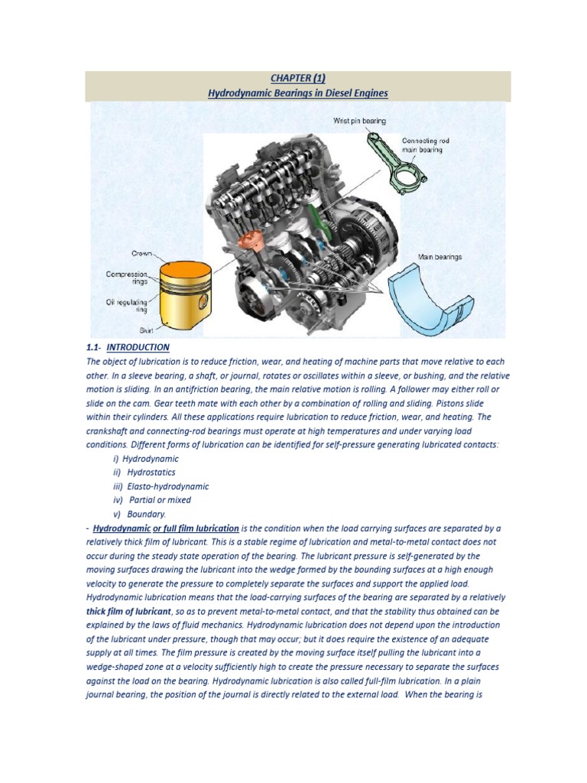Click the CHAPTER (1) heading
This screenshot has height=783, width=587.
[x=298, y=77]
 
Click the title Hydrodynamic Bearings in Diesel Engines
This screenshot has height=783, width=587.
[x=298, y=93]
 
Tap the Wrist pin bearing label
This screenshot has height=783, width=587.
[x=359, y=121]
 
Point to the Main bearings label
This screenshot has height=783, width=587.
[x=439, y=257]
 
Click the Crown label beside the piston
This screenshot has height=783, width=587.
[x=141, y=253]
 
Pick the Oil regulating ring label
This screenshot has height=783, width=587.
[x=126, y=306]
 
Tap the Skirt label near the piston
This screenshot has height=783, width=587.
[x=145, y=330]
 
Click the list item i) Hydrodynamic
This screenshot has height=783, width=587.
[x=145, y=459]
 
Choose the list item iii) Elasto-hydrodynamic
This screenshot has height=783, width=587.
[x=161, y=486]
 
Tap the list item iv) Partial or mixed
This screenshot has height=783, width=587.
[x=151, y=500]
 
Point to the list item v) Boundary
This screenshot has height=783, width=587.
[x=139, y=514]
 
